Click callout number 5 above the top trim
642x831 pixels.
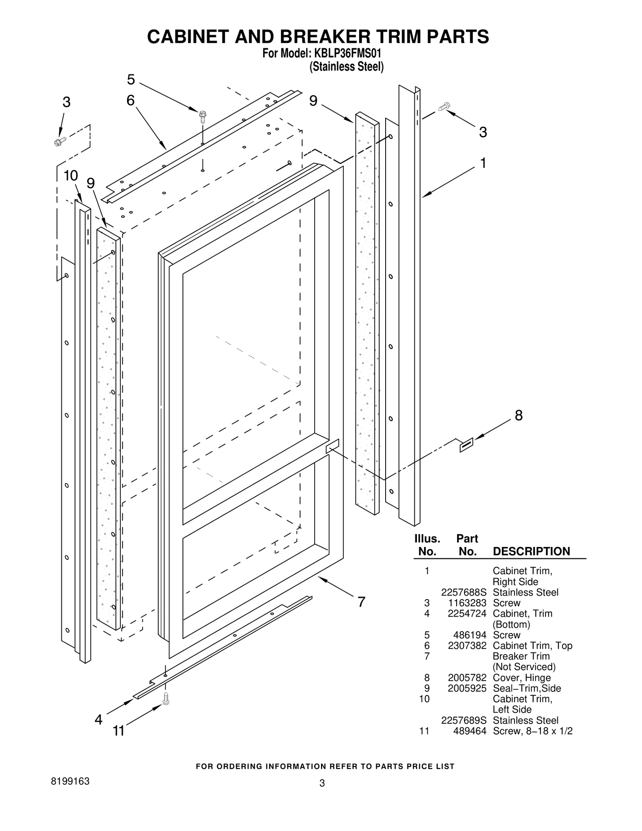click(x=131, y=80)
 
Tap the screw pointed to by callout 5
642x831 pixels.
click(x=203, y=117)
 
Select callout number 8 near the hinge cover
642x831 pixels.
click(x=518, y=416)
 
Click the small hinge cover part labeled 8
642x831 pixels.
click(x=466, y=445)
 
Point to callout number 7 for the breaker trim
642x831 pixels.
click(x=361, y=602)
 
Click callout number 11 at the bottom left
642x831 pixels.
click(x=118, y=731)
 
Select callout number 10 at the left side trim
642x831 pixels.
click(x=71, y=176)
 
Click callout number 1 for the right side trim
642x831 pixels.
click(x=483, y=163)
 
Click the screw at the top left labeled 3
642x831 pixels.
click(x=60, y=141)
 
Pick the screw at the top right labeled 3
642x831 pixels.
click(x=444, y=106)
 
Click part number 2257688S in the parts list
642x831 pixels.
click(x=463, y=592)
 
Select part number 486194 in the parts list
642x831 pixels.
click(x=469, y=635)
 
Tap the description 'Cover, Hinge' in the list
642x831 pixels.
click(x=521, y=678)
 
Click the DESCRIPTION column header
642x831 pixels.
click(x=531, y=551)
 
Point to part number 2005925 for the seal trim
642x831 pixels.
click(x=467, y=688)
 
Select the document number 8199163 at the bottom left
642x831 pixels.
click(x=70, y=781)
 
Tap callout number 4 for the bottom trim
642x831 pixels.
click(x=98, y=719)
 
